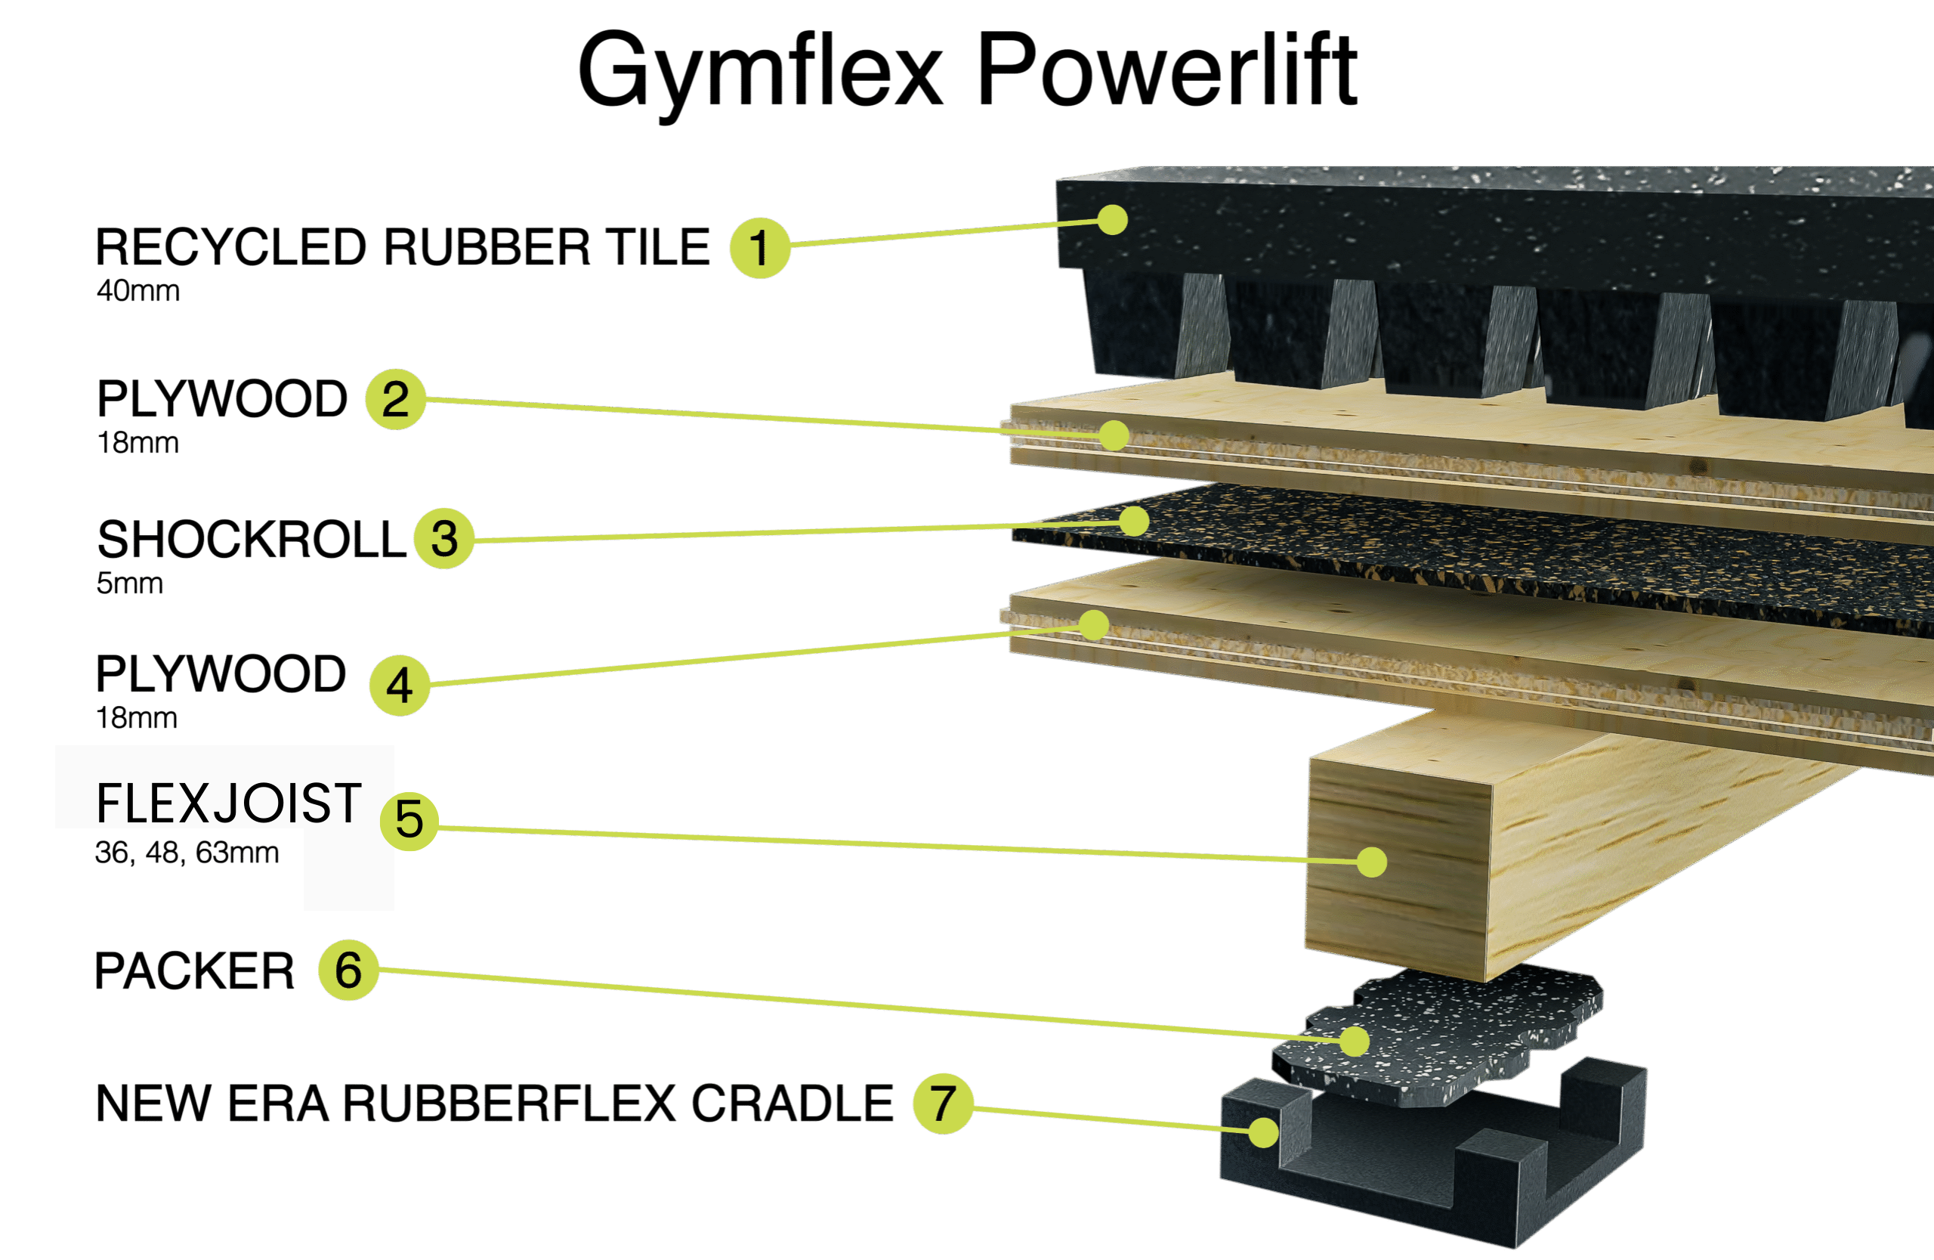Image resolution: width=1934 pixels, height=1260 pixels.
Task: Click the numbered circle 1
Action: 760,248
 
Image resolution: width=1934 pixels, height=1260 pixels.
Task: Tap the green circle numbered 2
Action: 396,399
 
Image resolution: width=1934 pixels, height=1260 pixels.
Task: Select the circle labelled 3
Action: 443,538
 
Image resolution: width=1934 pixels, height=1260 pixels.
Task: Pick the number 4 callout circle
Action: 400,686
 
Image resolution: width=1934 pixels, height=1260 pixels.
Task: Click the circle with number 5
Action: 409,821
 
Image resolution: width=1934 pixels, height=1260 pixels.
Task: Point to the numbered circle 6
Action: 348,970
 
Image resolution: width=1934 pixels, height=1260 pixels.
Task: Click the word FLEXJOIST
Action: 228,803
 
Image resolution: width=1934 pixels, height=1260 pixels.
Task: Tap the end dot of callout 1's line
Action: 1111,218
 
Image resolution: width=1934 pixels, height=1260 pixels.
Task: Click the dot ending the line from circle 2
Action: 1114,435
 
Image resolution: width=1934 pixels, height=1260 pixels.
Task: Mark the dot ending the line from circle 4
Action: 1095,624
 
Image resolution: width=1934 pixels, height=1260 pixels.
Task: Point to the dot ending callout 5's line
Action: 1372,862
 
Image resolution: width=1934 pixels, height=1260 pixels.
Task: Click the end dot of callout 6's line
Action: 1355,1041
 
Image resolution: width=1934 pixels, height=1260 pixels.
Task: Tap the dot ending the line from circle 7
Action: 1264,1132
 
